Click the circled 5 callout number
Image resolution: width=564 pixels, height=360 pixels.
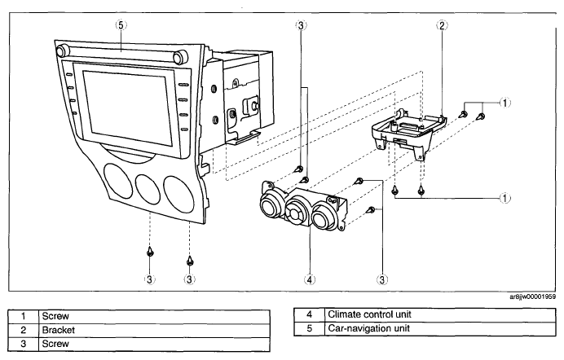pyautogui.click(x=121, y=25)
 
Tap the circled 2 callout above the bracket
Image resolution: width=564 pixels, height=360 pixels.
pyautogui.click(x=442, y=25)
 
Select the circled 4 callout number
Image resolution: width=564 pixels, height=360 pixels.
pyautogui.click(x=310, y=279)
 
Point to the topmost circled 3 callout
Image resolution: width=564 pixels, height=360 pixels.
pyautogui.click(x=301, y=25)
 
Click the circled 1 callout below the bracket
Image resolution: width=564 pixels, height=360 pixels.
pyautogui.click(x=505, y=198)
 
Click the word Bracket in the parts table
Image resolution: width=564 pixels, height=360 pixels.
pyautogui.click(x=58, y=330)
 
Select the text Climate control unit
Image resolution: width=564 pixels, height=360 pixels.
pyautogui.click(x=369, y=314)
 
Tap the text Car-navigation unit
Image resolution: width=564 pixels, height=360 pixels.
pyautogui.click(x=368, y=328)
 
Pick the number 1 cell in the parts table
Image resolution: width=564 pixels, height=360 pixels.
pyautogui.click(x=24, y=316)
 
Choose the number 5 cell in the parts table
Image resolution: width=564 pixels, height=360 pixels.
pyautogui.click(x=310, y=328)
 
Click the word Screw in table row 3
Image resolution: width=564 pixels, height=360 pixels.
pyautogui.click(x=55, y=344)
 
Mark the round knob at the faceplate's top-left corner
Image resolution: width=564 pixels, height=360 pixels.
pyautogui.click(x=63, y=50)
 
